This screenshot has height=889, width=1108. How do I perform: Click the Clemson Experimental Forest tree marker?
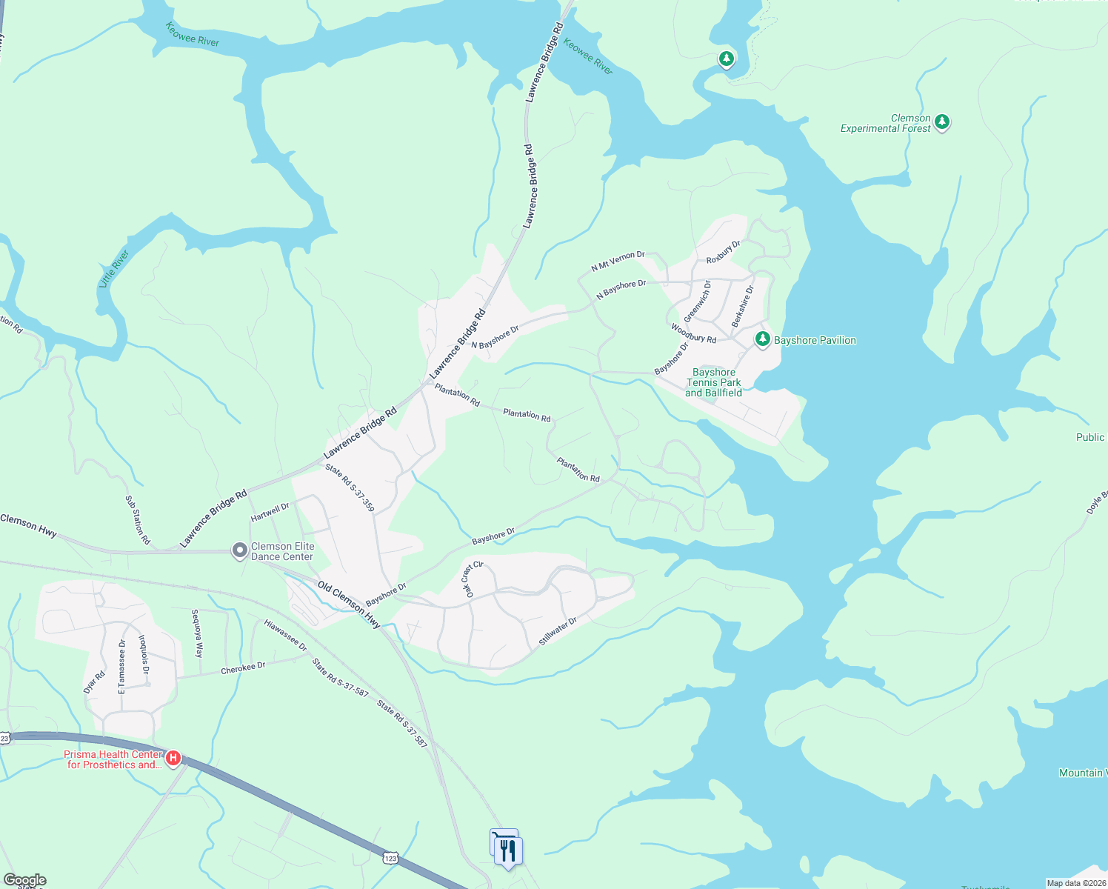pyautogui.click(x=941, y=121)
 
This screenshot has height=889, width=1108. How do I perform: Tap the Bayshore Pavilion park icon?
pyautogui.click(x=762, y=339)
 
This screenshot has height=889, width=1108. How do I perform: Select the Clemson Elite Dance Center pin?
pyautogui.click(x=239, y=550)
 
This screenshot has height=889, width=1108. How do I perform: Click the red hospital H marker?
pyautogui.click(x=173, y=758)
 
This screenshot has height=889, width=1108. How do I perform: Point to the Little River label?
pyautogui.click(x=114, y=269)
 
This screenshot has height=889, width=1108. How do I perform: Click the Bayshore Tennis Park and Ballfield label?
pyautogui.click(x=713, y=383)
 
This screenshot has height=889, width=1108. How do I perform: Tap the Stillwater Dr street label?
pyautogui.click(x=558, y=630)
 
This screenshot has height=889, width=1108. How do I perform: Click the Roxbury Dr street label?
pyautogui.click(x=724, y=252)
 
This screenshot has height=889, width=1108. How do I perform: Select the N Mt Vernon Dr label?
pyautogui.click(x=618, y=261)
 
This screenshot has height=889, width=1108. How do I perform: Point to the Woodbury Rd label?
pyautogui.click(x=694, y=333)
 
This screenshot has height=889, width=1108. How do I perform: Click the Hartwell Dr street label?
pyautogui.click(x=270, y=512)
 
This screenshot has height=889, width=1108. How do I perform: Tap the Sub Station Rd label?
pyautogui.click(x=137, y=520)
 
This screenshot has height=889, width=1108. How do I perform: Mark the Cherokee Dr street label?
pyautogui.click(x=243, y=668)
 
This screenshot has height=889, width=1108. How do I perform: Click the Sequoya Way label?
pyautogui.click(x=197, y=633)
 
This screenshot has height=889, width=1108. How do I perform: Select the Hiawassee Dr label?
pyautogui.click(x=285, y=636)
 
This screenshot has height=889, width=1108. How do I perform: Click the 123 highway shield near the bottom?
pyautogui.click(x=390, y=858)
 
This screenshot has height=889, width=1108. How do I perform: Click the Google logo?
pyautogui.click(x=25, y=880)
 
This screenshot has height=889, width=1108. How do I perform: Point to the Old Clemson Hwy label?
pyautogui.click(x=349, y=605)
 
